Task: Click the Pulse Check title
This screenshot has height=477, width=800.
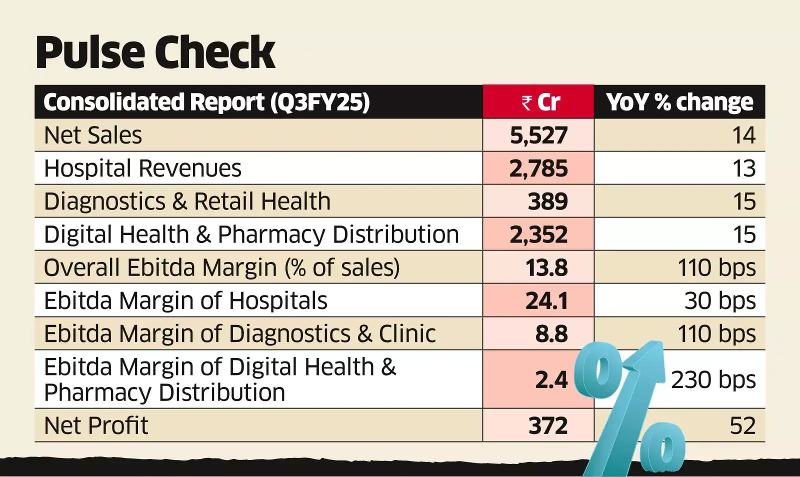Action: click(x=155, y=52)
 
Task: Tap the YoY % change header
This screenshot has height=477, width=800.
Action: click(x=679, y=102)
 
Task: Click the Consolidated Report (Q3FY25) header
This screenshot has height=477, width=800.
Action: click(x=206, y=102)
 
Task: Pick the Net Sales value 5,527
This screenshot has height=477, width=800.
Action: click(x=538, y=135)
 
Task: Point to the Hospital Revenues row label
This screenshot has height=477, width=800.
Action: click(x=142, y=168)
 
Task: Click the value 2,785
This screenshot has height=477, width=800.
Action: click(x=538, y=168)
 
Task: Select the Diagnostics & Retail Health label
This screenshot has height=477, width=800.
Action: click(x=187, y=201)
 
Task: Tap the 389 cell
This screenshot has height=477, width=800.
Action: click(x=547, y=201)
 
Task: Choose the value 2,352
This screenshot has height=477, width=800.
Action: click(x=538, y=234)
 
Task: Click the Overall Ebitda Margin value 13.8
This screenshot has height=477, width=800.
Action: click(x=546, y=267)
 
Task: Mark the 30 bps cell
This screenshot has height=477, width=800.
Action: click(x=720, y=300)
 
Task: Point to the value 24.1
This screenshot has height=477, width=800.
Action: click(x=546, y=300)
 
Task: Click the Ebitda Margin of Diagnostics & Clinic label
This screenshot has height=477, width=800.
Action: click(x=239, y=333)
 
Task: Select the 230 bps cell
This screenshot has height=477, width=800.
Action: click(x=713, y=379)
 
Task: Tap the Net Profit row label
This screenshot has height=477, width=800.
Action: click(x=96, y=425)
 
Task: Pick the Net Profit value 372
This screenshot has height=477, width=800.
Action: click(x=547, y=425)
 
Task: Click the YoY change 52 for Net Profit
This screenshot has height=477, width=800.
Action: click(x=742, y=425)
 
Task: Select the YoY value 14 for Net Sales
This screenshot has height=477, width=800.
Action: click(x=743, y=135)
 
